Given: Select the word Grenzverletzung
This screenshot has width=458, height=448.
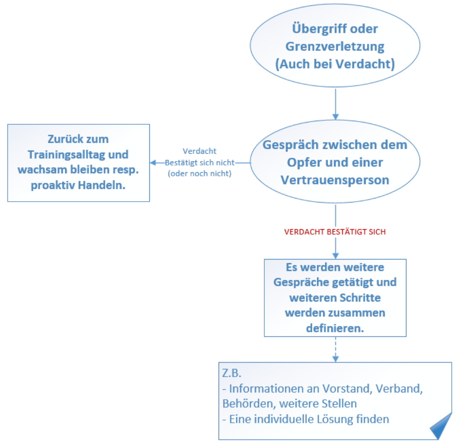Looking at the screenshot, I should (335, 47).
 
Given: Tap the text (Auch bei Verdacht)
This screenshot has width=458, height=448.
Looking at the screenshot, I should (335, 64).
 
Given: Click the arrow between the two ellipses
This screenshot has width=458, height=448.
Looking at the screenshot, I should (335, 104).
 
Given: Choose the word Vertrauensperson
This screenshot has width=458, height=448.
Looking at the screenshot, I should (335, 179).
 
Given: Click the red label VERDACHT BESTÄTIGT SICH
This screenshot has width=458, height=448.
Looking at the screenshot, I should (334, 232).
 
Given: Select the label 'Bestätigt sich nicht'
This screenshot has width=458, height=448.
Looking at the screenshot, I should (199, 162).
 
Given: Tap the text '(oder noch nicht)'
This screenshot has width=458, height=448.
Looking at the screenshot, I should (199, 174).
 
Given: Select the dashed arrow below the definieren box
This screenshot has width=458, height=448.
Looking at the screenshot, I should (335, 349).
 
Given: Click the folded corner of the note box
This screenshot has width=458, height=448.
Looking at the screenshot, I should (441, 427).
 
